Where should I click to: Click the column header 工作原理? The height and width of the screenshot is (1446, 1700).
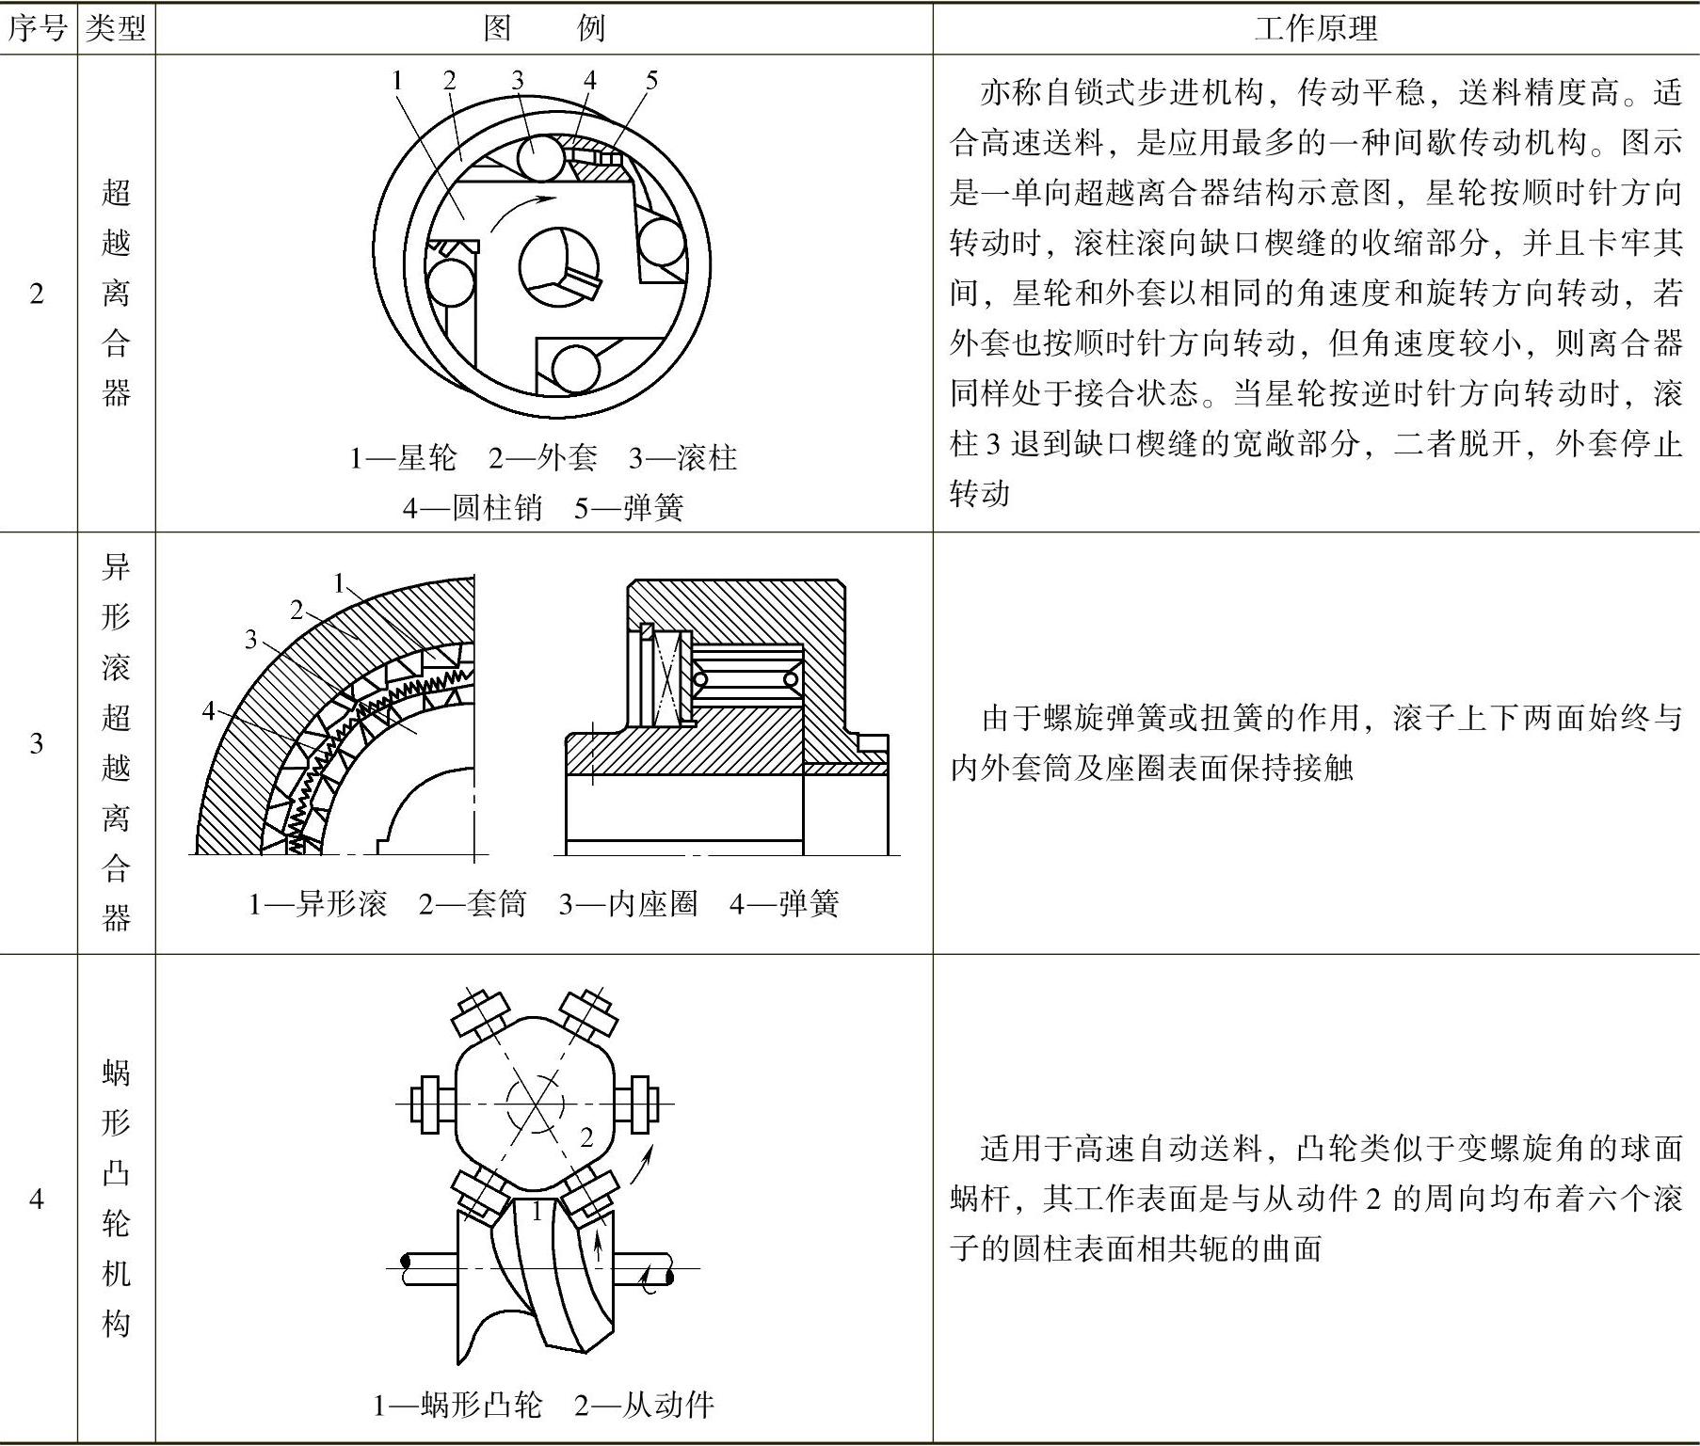(x=1315, y=28)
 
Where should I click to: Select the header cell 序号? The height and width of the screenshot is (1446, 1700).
(x=38, y=28)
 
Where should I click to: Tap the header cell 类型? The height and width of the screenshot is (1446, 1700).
(x=116, y=28)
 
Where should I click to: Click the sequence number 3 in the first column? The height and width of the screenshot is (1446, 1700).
(x=37, y=743)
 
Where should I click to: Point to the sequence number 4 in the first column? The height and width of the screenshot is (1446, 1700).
(x=37, y=1199)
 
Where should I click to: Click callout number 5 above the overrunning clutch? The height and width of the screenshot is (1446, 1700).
(x=651, y=80)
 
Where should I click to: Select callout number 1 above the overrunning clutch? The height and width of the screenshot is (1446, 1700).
(x=397, y=80)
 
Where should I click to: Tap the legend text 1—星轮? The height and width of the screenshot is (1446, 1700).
(x=403, y=458)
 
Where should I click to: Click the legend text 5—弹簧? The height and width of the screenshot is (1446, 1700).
(x=629, y=508)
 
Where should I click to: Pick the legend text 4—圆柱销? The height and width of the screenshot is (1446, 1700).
(x=473, y=508)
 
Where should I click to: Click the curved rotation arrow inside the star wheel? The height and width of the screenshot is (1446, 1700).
(x=521, y=209)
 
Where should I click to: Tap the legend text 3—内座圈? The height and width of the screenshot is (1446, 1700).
(x=628, y=904)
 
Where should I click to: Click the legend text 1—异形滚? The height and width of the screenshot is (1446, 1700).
(x=317, y=904)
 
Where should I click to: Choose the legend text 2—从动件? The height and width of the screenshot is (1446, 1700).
(x=644, y=1406)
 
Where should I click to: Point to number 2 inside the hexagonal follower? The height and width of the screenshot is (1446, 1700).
(x=586, y=1137)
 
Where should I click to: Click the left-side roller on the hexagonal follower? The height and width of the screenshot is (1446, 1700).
(x=431, y=1102)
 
